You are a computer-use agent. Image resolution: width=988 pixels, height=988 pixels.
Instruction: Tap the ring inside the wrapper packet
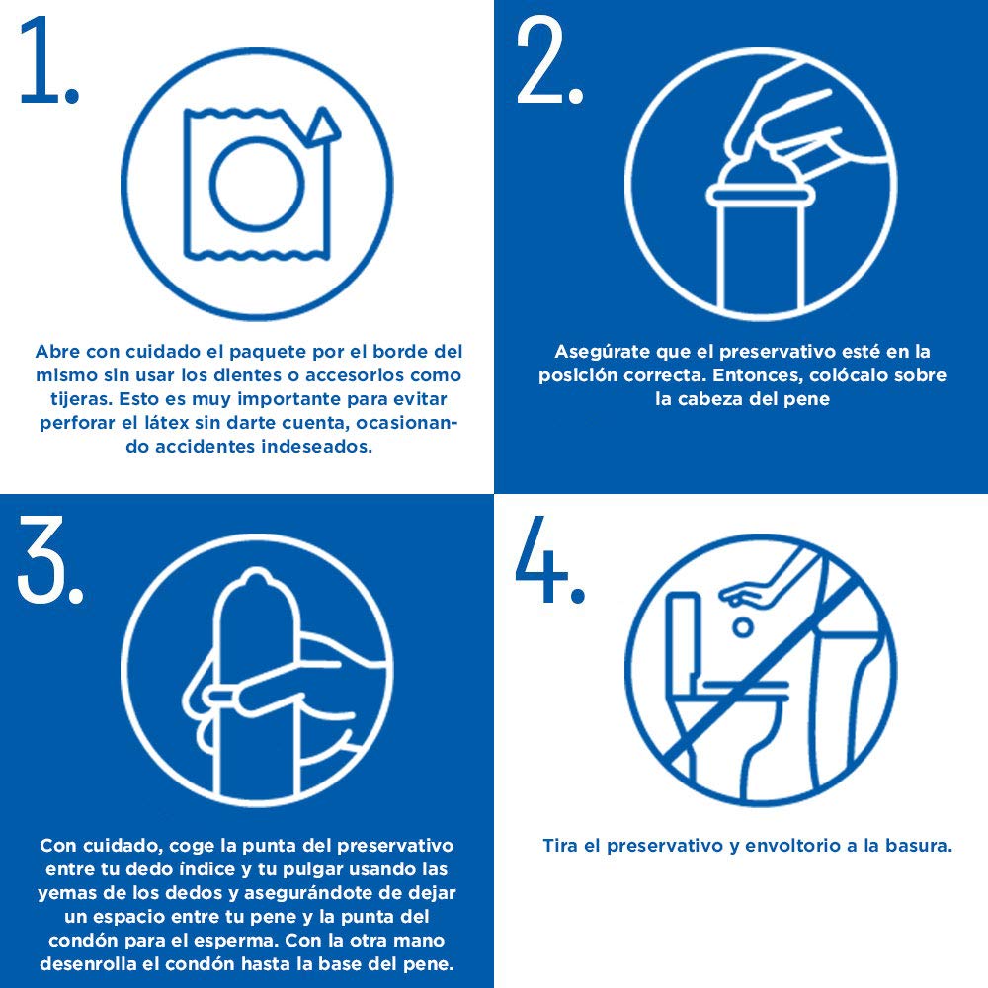click(x=257, y=184)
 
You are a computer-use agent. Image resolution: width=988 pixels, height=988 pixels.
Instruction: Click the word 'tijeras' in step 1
click(x=79, y=399)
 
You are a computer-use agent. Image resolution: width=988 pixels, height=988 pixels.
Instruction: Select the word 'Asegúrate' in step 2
click(x=603, y=352)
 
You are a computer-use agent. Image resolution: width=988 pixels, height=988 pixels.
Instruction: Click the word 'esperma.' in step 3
click(x=239, y=941)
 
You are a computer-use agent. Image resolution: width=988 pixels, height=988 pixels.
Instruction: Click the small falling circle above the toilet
click(x=743, y=627)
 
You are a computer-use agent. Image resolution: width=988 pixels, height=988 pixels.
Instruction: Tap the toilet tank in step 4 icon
click(x=683, y=636)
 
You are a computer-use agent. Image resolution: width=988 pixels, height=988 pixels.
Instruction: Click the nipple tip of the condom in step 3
click(x=255, y=577)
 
